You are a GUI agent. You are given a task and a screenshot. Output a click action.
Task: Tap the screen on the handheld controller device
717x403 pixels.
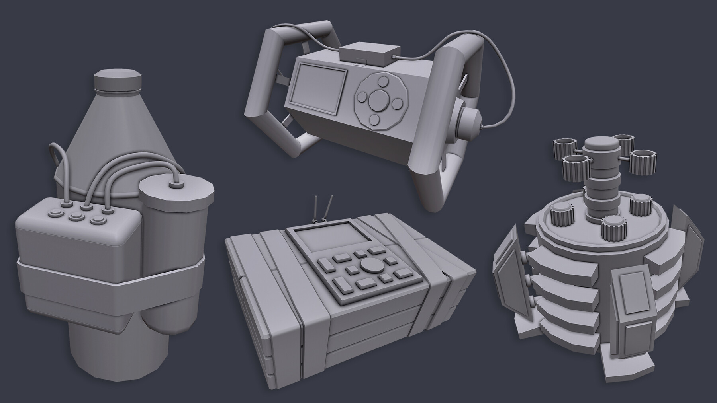coord(319,86)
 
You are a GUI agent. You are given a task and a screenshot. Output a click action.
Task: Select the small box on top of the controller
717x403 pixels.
coord(370,55)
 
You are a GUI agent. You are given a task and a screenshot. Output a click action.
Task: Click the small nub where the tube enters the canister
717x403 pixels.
coord(174,185)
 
